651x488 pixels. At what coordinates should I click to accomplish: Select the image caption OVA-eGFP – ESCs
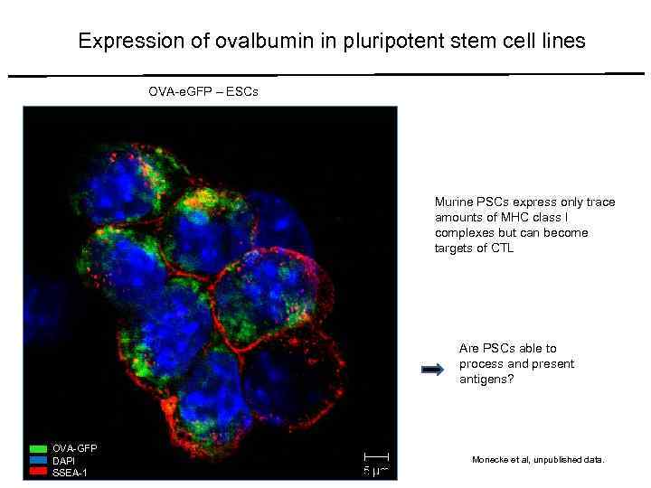tap(203, 92)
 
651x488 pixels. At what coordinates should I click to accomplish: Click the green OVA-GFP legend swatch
tap(38, 448)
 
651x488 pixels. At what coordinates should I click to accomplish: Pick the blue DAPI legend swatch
tap(38, 460)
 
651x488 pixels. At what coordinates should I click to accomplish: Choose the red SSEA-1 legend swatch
tap(38, 472)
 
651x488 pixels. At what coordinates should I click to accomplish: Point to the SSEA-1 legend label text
tap(71, 472)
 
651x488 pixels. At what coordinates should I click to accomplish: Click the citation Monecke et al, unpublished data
tap(537, 460)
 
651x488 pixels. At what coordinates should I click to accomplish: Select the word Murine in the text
tap(453, 202)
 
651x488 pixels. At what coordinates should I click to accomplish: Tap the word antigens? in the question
tap(484, 379)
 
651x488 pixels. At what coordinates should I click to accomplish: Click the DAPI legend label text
tap(65, 460)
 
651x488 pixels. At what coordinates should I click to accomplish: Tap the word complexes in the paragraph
tap(467, 232)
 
